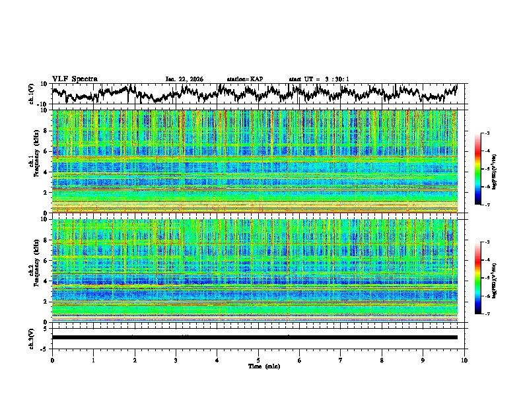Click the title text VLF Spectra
click(74, 79)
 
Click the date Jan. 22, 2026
click(184, 79)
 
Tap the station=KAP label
click(244, 79)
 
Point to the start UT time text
click(319, 79)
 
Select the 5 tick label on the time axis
click(258, 360)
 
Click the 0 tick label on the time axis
click(52, 360)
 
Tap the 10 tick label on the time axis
click(464, 360)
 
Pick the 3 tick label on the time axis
click(176, 360)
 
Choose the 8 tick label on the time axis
click(382, 360)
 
